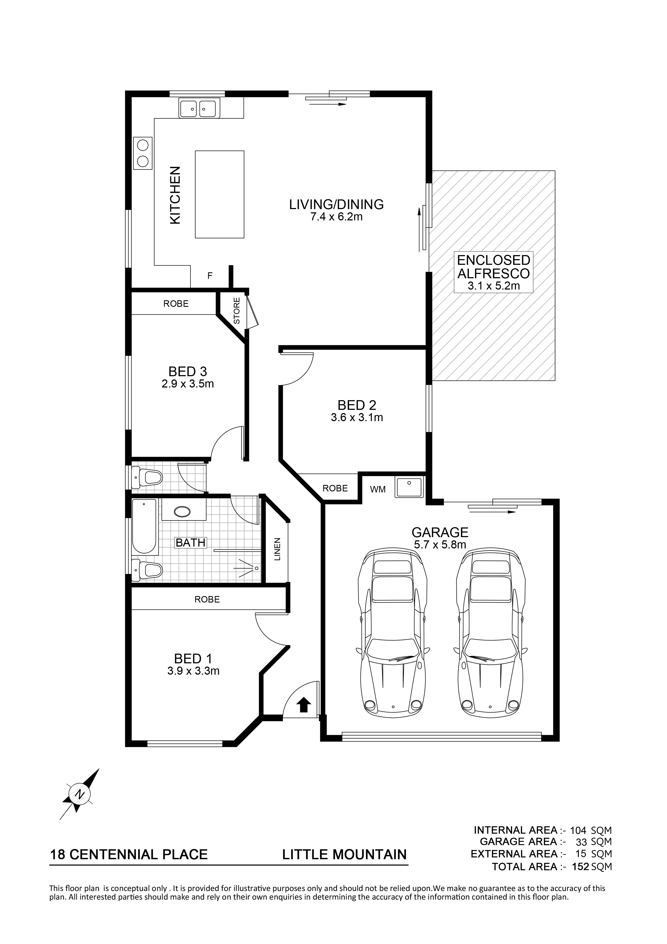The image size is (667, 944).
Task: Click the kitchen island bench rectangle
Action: point(219,194)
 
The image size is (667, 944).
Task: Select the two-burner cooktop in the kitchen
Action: point(143,153)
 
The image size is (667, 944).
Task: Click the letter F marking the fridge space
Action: point(210,276)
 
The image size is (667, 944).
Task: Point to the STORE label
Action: point(237,311)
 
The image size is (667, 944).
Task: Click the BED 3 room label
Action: point(188,372)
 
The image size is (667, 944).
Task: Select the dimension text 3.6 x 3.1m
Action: point(357,418)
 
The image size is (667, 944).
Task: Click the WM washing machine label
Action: point(378,490)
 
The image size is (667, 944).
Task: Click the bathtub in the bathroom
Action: point(144,527)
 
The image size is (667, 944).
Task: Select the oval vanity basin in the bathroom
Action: point(182,512)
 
